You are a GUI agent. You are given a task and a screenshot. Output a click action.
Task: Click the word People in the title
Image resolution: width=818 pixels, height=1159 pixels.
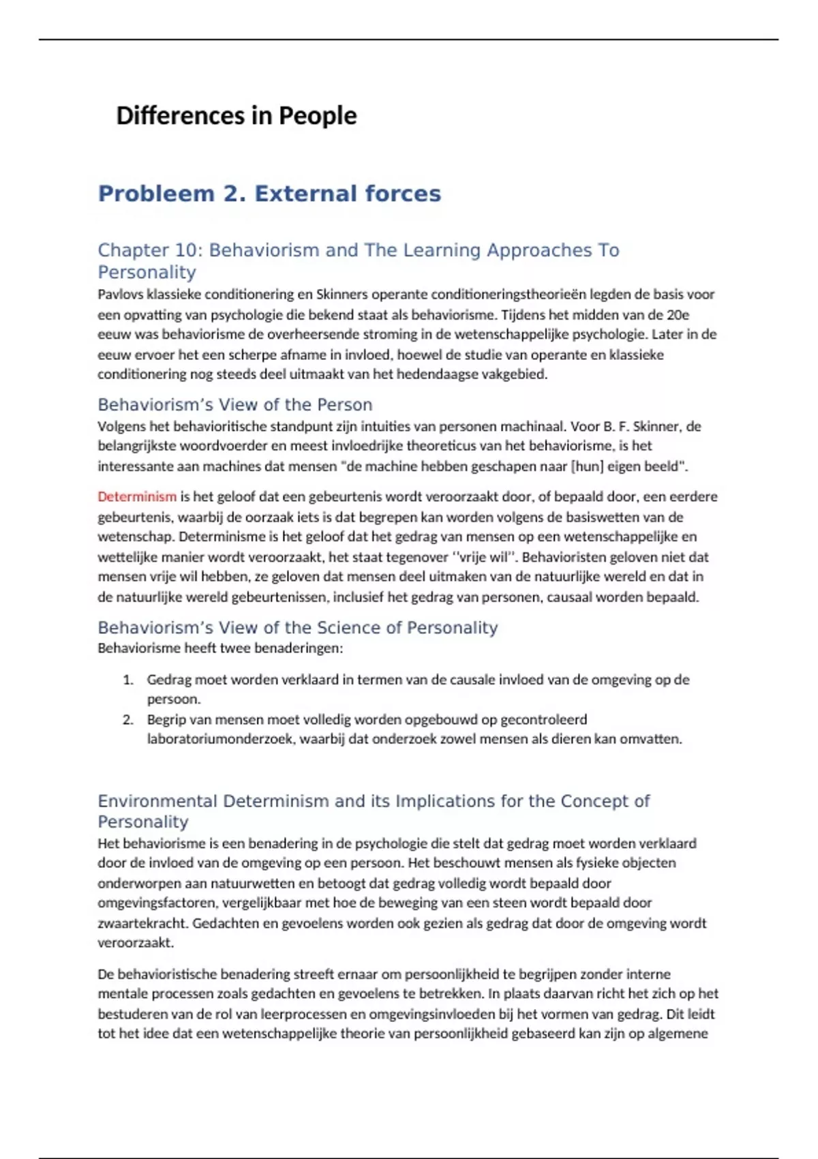[x=317, y=116]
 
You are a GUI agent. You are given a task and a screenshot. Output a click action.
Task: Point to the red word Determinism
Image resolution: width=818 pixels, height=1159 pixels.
[x=137, y=496]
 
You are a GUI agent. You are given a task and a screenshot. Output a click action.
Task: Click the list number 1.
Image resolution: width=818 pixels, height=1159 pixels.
[x=127, y=680]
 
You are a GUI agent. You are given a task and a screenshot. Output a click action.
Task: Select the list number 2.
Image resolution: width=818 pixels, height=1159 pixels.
[x=127, y=719]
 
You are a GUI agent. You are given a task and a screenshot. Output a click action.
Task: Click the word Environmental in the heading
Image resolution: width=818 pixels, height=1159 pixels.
[x=157, y=801]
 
